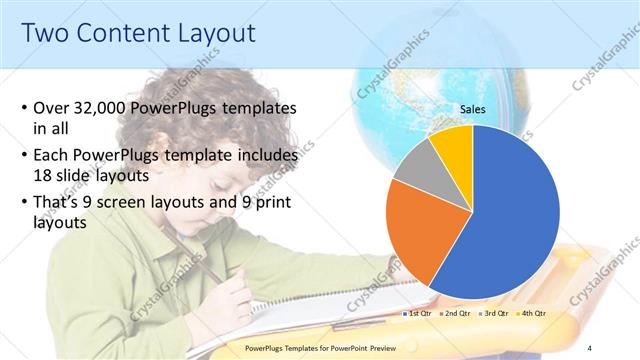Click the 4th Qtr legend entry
[535, 314]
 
